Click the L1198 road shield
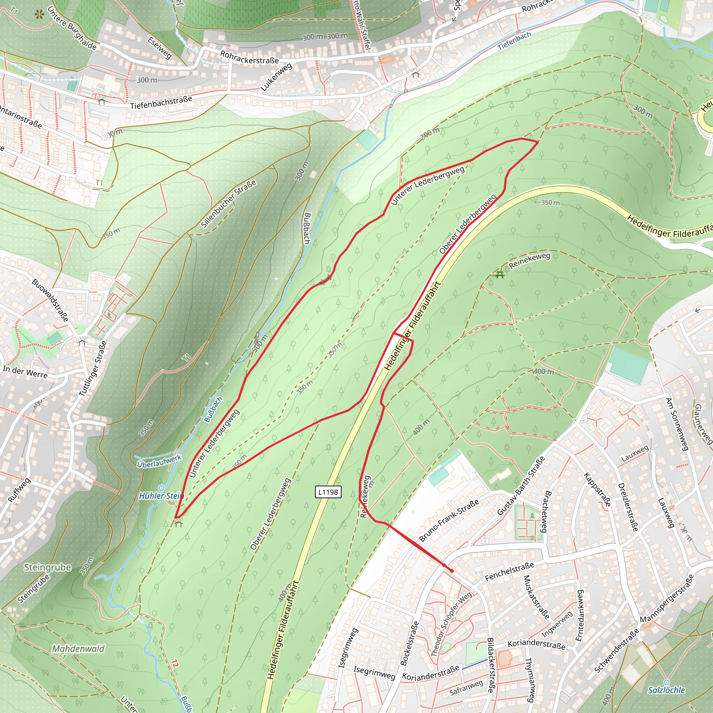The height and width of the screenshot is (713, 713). point(328,492)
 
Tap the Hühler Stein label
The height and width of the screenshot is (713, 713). point(161,496)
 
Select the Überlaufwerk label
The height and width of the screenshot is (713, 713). point(159,461)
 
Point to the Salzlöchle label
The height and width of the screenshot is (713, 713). point(666,690)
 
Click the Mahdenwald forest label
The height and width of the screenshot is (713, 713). point(78,648)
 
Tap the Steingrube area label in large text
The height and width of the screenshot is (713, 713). point(47,567)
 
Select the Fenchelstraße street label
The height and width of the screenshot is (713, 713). point(509,572)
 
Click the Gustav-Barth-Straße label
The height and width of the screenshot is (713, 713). point(521,486)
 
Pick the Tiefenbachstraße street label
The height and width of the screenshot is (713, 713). point(161,103)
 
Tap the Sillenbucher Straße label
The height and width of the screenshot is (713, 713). point(228,204)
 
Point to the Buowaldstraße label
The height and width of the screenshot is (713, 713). point(50,300)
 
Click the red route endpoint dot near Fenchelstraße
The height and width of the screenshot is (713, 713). point(452,571)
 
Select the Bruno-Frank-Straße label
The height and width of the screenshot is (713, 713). point(449,520)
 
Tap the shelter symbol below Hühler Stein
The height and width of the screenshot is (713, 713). point(179,523)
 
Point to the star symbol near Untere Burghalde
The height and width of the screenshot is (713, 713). point(39,15)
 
